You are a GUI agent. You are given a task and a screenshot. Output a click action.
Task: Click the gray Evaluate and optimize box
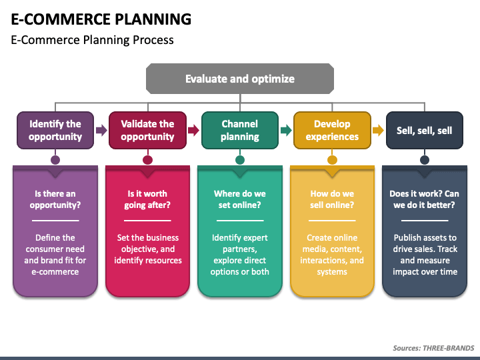click(240, 79)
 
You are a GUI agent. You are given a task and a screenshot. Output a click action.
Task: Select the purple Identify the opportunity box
click(55, 131)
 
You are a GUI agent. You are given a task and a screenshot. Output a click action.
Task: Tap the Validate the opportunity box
click(147, 131)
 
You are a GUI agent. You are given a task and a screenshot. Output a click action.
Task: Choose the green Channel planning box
click(240, 131)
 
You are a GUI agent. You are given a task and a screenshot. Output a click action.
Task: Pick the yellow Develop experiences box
click(332, 131)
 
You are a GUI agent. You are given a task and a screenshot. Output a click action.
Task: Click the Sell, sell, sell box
click(425, 131)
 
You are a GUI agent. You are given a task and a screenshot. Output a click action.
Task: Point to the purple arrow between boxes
click(101, 131)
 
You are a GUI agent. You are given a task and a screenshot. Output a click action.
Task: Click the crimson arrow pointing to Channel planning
click(193, 131)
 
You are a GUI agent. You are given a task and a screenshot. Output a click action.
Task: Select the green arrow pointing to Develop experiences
click(286, 131)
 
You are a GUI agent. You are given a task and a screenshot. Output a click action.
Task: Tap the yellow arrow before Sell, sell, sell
click(378, 131)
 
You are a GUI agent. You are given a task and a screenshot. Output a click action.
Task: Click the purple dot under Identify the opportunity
click(55, 160)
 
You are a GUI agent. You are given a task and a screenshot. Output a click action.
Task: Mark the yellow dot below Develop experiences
click(332, 160)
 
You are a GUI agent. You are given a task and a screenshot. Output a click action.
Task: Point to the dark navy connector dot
click(425, 160)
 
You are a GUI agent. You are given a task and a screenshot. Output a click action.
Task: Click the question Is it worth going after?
click(147, 199)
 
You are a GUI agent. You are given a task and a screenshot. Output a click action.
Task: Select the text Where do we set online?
click(240, 199)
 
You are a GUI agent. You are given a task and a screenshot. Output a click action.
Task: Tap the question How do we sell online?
click(332, 199)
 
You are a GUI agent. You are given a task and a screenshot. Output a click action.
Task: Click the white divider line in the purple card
click(55, 221)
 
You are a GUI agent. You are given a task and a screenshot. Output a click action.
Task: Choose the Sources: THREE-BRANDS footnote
click(433, 348)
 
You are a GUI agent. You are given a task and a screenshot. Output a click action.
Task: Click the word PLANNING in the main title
click(153, 19)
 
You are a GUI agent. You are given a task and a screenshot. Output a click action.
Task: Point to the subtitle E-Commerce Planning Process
click(92, 40)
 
